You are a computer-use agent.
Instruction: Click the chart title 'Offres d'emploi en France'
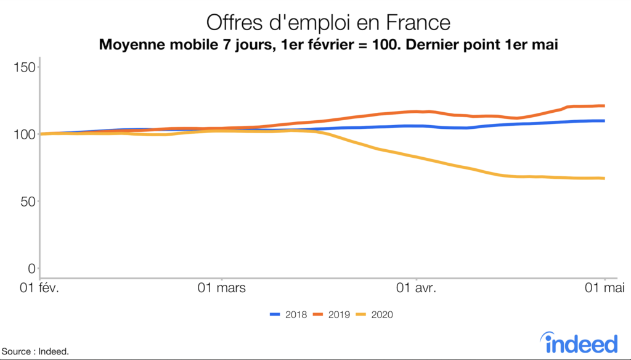tap(328, 23)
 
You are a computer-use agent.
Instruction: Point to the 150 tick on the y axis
tap(23, 67)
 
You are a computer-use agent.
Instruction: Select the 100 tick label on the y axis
tap(23, 134)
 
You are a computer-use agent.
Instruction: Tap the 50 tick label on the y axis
tap(26, 201)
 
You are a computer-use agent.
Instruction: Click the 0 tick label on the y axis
tap(30, 268)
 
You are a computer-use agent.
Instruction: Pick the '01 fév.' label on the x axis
tap(39, 287)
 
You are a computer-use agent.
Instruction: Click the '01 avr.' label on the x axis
tap(417, 287)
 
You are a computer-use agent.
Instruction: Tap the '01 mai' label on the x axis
tap(604, 287)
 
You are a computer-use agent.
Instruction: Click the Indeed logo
tap(579, 342)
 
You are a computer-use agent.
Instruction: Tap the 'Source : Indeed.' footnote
tap(35, 351)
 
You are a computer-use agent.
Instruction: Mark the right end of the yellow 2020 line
tap(604, 178)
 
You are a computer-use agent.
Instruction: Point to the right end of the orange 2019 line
tap(604, 106)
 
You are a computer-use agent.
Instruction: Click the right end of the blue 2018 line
tap(604, 121)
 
